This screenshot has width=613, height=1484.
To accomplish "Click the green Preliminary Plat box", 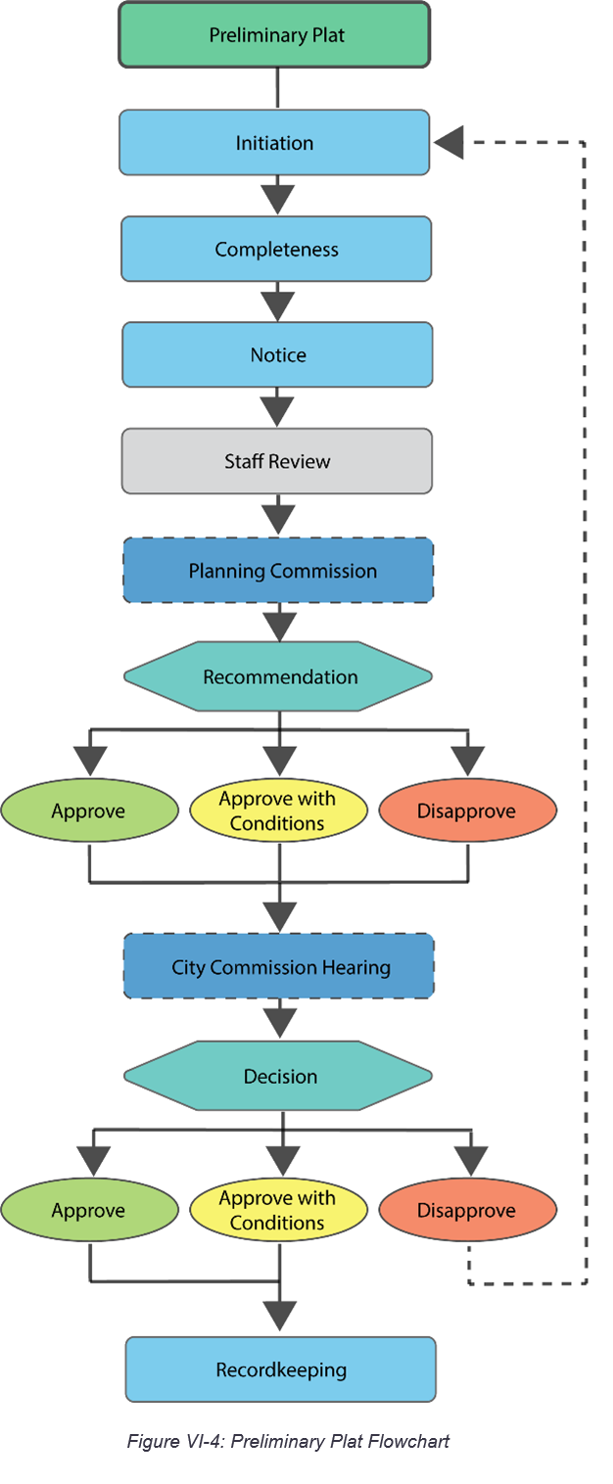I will pos(275,35).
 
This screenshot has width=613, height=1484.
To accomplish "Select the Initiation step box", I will pos(274,143).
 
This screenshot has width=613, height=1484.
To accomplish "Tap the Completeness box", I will pos(276,249).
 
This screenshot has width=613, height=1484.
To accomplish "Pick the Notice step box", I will pos(277,354).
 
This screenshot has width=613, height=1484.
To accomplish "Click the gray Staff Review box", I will pos(277,461).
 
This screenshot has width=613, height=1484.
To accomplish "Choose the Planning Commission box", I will pos(278,570).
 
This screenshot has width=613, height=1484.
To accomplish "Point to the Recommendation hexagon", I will pos(278,676).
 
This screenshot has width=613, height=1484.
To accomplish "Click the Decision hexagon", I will pos(278,1076).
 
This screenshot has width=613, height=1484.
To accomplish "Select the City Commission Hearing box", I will pos(279,967).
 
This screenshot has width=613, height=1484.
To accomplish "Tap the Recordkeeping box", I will pos(280,1369).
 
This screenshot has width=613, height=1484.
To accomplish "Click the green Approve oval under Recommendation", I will pos(89,811).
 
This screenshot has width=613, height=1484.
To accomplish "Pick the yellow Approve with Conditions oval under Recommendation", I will pos(278,811).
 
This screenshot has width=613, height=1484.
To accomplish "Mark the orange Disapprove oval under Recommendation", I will pos(467,811).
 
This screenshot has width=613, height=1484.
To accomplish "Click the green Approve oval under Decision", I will pos(89,1210).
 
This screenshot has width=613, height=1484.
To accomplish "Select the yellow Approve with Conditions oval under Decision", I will pos(278,1210).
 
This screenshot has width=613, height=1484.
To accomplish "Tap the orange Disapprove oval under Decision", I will pos(467,1210).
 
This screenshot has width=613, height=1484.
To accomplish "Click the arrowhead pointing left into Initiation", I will pos(448,143).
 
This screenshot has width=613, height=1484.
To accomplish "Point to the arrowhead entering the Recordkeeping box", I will pos(280,1315).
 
